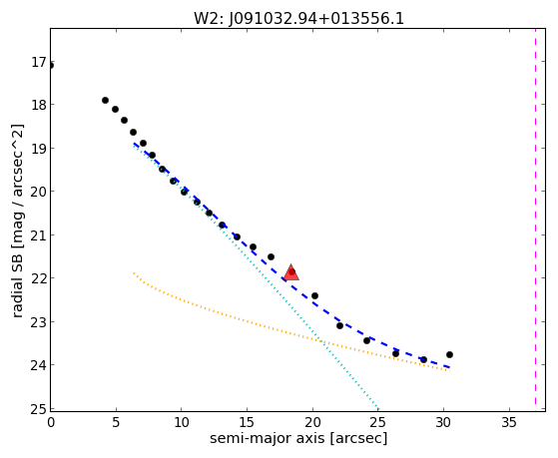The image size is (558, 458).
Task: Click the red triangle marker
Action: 291,272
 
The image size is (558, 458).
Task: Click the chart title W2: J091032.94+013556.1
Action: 298,18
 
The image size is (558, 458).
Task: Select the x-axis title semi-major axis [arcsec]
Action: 298,438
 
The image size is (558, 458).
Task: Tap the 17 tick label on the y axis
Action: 39,62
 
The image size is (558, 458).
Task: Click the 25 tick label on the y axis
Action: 38,409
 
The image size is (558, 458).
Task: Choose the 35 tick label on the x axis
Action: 509,422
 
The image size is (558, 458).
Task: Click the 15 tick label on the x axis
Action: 247,422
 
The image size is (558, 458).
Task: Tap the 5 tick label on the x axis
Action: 116,422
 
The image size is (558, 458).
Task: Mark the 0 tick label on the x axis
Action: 51,422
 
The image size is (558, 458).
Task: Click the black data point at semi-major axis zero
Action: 51,66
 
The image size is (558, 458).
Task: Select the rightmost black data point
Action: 449,354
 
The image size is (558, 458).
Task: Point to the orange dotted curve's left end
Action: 134,273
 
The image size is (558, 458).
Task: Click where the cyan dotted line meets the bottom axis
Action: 379,410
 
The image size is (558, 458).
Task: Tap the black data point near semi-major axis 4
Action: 105,101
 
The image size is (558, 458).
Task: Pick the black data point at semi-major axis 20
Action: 314,295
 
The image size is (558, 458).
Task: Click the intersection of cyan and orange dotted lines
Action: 321,341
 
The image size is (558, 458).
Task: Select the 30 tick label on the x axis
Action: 443,422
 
